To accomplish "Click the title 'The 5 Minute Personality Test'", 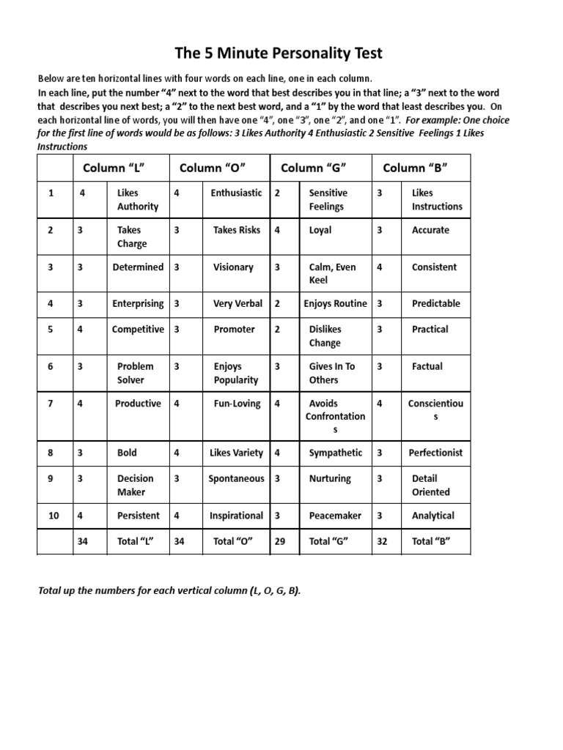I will pyautogui.click(x=278, y=53).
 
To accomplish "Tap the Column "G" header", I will pyautogui.click(x=313, y=168).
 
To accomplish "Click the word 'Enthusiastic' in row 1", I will pyautogui.click(x=235, y=193).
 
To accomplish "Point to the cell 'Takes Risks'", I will pyautogui.click(x=236, y=230).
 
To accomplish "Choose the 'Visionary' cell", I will pyautogui.click(x=233, y=267).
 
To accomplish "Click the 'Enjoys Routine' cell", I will pyautogui.click(x=336, y=303).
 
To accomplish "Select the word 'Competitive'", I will pyautogui.click(x=138, y=330).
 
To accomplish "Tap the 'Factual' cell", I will pyautogui.click(x=427, y=366).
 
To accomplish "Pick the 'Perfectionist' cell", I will pyautogui.click(x=435, y=453).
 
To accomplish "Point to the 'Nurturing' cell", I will pyautogui.click(x=330, y=478).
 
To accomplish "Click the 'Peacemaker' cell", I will pyautogui.click(x=335, y=516).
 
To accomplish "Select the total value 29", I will pyautogui.click(x=279, y=541).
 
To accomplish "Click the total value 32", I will pyautogui.click(x=381, y=541).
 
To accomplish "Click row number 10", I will pyautogui.click(x=54, y=516).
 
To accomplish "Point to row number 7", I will pyautogui.click(x=51, y=404).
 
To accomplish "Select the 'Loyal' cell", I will pyautogui.click(x=320, y=230).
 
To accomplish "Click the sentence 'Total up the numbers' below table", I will pyautogui.click(x=169, y=591).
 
